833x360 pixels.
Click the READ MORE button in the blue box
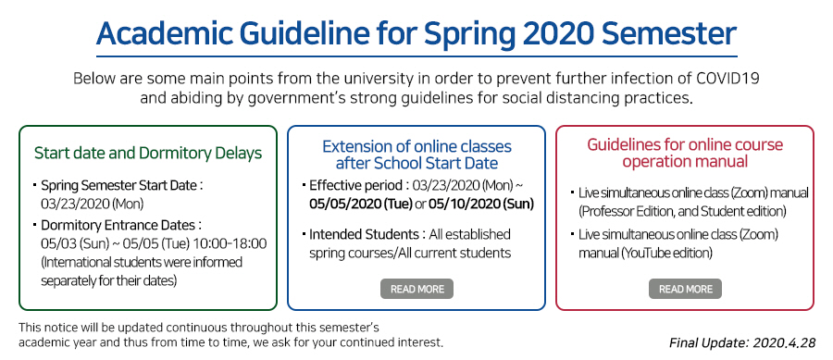click(416, 289)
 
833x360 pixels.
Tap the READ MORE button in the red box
click(685, 289)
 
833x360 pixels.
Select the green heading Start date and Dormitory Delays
click(148, 153)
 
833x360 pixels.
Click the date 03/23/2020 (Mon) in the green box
click(92, 204)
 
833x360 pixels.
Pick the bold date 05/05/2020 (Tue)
click(361, 204)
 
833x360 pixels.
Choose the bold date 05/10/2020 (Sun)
click(480, 204)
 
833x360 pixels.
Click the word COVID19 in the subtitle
click(727, 79)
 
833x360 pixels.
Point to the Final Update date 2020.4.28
click(784, 343)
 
